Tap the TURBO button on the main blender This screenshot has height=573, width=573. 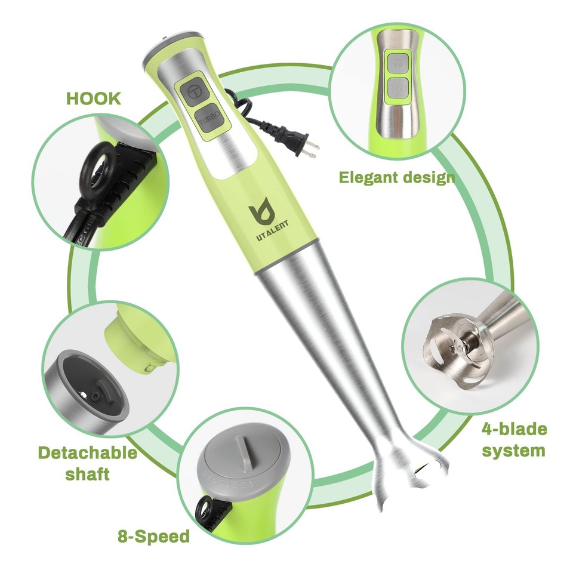[x=211, y=119]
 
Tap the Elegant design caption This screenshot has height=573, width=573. [x=396, y=177]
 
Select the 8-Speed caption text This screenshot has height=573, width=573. [x=153, y=535]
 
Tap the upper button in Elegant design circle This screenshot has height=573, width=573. [x=396, y=63]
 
